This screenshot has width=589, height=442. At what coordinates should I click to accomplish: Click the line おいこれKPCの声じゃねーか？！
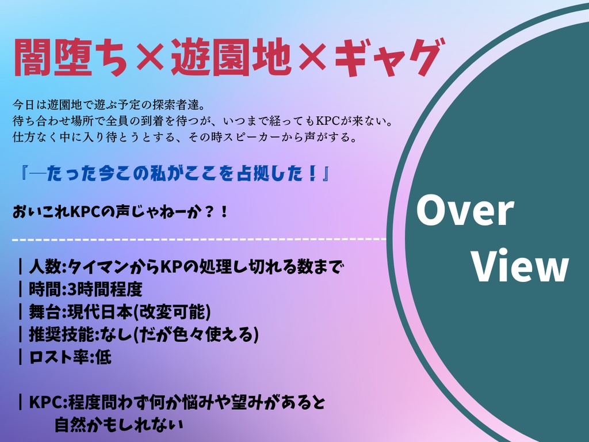click(121, 212)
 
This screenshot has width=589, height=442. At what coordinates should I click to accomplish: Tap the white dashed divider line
click(199, 238)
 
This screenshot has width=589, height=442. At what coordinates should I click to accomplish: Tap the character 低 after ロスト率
click(103, 357)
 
